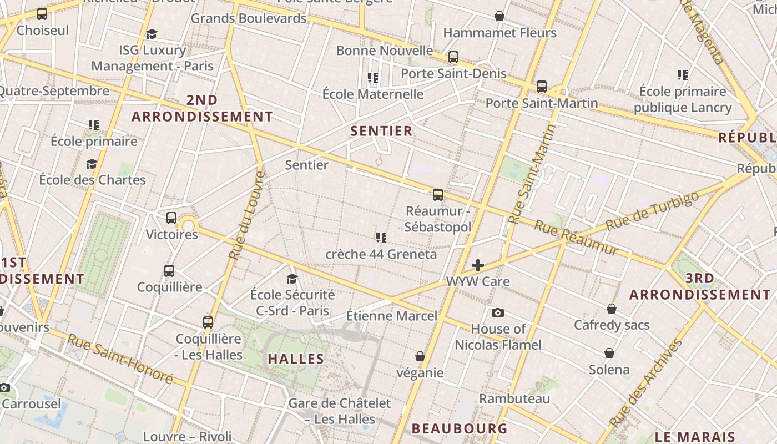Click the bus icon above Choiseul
[42, 14]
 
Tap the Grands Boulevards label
[249, 18]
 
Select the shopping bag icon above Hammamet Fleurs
[500, 16]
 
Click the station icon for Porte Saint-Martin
[541, 87]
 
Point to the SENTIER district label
[382, 131]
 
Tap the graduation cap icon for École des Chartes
[92, 164]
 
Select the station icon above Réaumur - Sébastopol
[438, 195]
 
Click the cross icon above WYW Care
[477, 265]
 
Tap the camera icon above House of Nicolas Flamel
[498, 312]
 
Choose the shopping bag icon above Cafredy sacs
[612, 309]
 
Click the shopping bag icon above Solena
[609, 353]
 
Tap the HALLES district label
[296, 359]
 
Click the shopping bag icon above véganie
[420, 356]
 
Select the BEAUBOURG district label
[460, 428]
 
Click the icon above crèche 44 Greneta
[381, 238]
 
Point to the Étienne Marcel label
[392, 316]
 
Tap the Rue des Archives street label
[647, 383]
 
